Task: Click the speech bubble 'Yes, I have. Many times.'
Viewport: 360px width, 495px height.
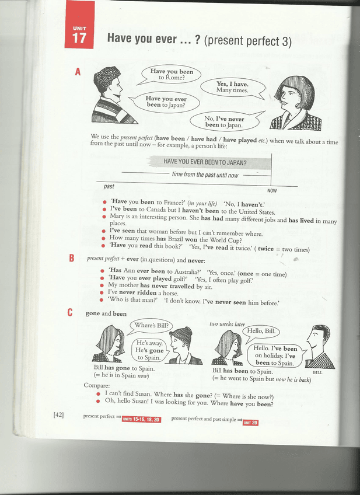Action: pos(232,86)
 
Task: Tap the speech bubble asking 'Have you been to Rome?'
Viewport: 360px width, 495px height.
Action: pos(169,74)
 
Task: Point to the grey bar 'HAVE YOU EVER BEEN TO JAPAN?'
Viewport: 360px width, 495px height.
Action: pos(205,162)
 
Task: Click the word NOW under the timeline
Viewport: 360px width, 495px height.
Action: pos(272,191)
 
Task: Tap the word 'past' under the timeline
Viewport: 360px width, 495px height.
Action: pos(109,186)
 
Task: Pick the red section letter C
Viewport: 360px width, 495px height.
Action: pos(70,313)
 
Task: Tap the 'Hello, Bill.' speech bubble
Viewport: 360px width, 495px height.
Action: pos(263,330)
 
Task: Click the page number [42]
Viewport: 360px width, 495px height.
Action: pos(58,415)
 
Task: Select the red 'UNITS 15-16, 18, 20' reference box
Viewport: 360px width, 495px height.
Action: pos(141,419)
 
